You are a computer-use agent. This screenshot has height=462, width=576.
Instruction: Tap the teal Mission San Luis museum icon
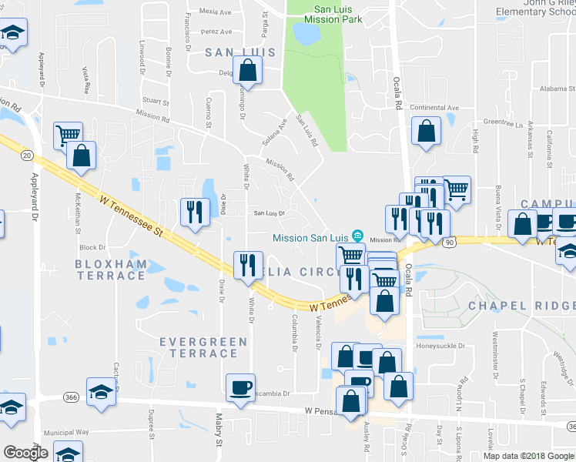click(357, 236)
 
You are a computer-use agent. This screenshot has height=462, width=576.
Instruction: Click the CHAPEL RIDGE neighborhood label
click(521, 306)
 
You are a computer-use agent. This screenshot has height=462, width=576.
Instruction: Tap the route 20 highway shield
click(28, 156)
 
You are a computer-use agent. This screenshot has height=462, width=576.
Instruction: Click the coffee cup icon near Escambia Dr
click(240, 387)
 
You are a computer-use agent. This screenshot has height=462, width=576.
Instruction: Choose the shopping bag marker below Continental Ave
click(426, 132)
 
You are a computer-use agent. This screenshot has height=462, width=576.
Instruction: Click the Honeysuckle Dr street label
click(441, 346)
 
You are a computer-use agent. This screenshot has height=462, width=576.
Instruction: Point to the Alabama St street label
click(552, 89)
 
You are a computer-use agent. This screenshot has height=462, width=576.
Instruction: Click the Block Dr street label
click(92, 248)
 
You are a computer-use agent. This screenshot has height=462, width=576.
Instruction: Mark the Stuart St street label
click(155, 101)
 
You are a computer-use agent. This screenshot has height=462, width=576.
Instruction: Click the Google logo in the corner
click(25, 452)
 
